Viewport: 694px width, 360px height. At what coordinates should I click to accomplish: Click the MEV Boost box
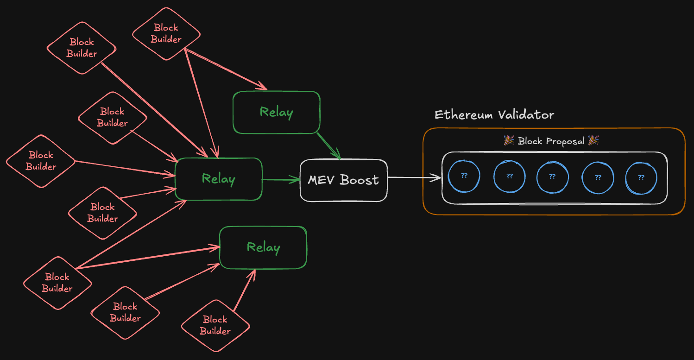343,180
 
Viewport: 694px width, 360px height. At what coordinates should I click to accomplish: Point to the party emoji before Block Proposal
509,140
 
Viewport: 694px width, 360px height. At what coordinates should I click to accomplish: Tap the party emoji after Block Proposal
593,140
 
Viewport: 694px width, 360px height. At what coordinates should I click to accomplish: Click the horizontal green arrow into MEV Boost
281,179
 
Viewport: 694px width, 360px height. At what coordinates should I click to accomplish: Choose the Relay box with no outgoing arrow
263,247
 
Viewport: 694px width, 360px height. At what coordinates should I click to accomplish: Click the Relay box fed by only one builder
276,112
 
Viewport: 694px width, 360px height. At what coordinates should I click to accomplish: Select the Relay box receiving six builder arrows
218,179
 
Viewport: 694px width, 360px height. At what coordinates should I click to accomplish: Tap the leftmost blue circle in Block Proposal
464,177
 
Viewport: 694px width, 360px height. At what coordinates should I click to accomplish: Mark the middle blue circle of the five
552,177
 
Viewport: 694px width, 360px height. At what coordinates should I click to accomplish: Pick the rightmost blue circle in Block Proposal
641,177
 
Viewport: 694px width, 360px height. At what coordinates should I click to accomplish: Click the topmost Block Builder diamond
166,34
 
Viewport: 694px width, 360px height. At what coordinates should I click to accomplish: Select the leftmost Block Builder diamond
41,161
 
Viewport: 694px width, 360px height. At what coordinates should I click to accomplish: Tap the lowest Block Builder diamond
215,325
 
